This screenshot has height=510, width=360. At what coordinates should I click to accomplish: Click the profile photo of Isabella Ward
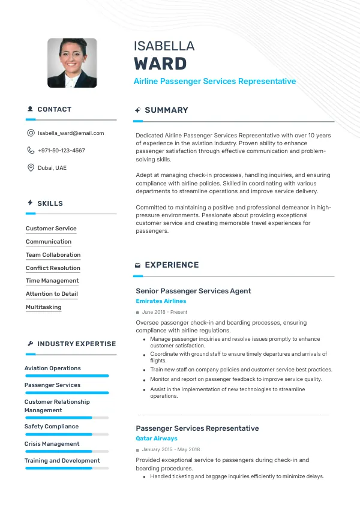coord(72,63)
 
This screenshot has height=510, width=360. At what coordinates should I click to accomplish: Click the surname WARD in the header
coord(160,64)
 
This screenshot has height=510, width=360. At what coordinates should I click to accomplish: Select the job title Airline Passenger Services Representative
coord(215,81)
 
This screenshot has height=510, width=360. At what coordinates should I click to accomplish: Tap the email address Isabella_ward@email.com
coord(71,133)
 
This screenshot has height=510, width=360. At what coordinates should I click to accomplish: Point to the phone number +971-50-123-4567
coord(61,151)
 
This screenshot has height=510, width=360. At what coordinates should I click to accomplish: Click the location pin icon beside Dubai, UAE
coord(31,168)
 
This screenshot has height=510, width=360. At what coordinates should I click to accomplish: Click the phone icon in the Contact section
coord(31,151)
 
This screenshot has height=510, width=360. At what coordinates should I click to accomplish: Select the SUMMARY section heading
coord(166,110)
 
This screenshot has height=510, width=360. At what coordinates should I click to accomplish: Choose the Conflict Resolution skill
coord(53,268)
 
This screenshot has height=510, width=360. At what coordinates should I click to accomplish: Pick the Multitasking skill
coord(44,307)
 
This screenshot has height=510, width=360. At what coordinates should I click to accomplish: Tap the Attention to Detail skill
coord(52,294)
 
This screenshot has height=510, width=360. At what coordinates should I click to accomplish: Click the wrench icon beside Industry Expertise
coord(30,344)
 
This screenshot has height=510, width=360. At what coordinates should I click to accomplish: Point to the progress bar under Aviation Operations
coord(67,376)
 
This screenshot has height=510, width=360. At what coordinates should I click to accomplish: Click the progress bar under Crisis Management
coord(67,451)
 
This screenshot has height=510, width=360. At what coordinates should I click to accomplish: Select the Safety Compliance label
coord(52,427)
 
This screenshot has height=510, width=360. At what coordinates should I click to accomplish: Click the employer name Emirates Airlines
coord(161,301)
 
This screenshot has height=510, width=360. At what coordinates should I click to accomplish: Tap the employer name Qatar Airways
coord(157,439)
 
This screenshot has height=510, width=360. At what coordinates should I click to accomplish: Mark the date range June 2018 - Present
coord(164,312)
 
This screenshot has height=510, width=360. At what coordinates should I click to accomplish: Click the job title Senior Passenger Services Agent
coord(193,291)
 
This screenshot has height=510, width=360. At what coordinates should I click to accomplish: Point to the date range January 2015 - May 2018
coord(171,449)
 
